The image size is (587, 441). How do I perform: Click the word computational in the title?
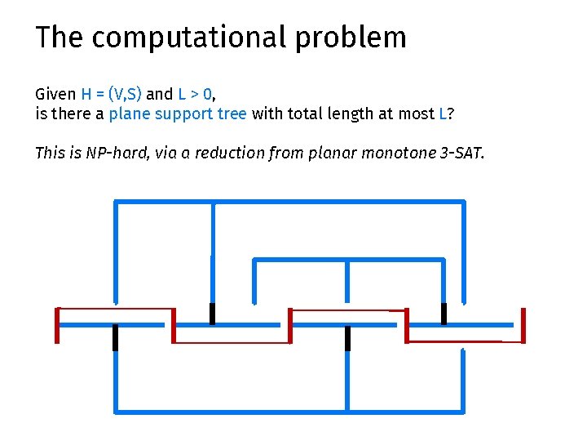tap(194, 38)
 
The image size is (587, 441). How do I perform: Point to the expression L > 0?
tap(196, 94)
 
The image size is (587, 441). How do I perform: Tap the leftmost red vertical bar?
tap(57, 325)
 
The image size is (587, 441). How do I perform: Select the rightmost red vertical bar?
tap(522, 325)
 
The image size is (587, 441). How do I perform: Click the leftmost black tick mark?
tap(116, 337)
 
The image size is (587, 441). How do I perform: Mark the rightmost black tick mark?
tap(444, 314)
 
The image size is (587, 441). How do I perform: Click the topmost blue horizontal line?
tap(289, 201)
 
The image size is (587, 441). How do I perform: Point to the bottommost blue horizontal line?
tap(289, 410)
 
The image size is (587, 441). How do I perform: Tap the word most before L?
tap(417, 114)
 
